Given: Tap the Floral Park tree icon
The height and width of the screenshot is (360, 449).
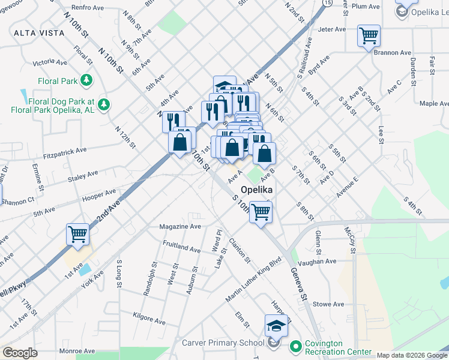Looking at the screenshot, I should click(x=86, y=80).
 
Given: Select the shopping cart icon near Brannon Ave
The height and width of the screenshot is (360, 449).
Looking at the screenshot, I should click(x=369, y=35).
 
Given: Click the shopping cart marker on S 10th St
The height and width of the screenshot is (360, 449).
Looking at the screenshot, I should click(x=261, y=212).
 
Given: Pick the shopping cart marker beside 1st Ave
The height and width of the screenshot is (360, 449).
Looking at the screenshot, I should click(x=78, y=235).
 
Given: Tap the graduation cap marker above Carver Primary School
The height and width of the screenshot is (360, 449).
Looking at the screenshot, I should click(x=276, y=325).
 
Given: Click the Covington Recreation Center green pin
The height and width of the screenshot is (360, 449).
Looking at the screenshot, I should click(x=295, y=346).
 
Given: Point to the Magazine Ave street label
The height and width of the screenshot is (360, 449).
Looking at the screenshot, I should click(x=180, y=227).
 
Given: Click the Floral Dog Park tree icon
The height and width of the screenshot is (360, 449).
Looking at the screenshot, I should click(x=104, y=105).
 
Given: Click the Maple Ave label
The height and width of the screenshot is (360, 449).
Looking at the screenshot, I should click(x=433, y=104).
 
